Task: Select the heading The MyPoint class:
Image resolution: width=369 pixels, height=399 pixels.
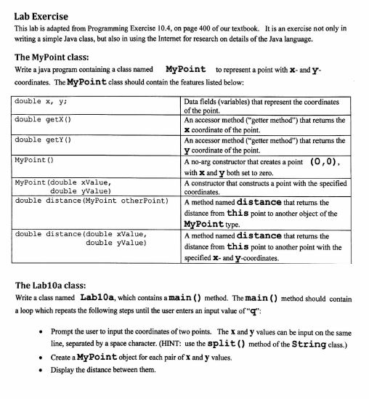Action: click(x=54, y=57)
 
